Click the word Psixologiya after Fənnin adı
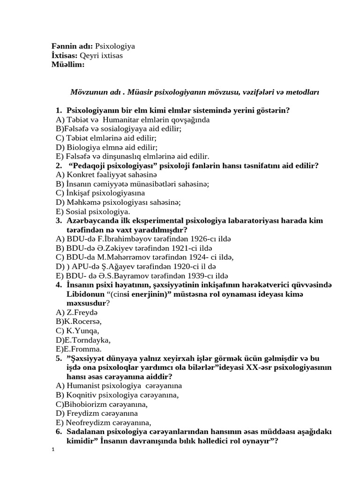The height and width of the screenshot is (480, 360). (115, 46)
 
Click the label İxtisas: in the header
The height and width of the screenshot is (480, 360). (65, 55)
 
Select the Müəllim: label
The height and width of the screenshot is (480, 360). (68, 64)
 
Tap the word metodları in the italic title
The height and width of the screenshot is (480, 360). (301, 92)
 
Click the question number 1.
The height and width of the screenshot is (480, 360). (58, 111)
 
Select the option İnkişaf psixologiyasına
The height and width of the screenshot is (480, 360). (100, 193)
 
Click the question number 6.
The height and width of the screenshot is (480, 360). (58, 431)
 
